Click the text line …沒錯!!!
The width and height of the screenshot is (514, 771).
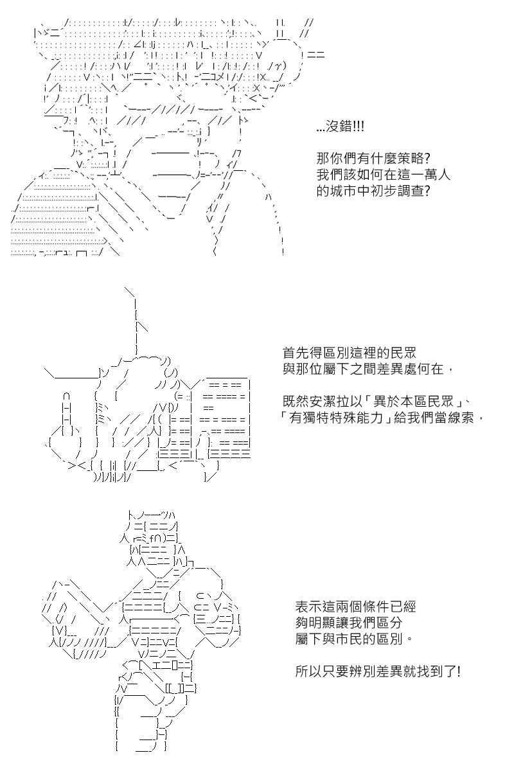point(340,127)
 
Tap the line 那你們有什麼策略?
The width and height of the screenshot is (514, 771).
point(373,159)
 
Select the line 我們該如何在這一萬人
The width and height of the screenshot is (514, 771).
point(383,175)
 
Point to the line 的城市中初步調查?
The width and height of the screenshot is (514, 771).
point(373,191)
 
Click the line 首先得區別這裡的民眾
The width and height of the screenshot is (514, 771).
point(349,353)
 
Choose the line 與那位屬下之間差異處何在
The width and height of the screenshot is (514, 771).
point(363,369)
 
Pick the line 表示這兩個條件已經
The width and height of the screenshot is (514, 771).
point(356,607)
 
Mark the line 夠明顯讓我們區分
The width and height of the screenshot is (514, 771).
point(349,623)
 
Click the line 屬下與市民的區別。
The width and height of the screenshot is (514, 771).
point(354,639)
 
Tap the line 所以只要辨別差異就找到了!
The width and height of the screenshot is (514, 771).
point(378,671)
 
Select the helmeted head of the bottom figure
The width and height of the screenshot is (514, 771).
point(153,540)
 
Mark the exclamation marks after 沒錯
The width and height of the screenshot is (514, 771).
point(359,127)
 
